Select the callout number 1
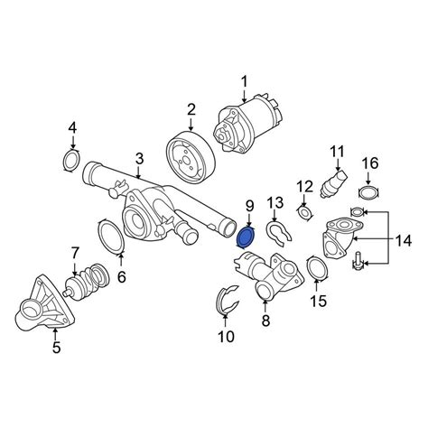244,81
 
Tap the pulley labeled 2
191,156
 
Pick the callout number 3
139,159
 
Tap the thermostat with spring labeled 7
88,282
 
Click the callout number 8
265,321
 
